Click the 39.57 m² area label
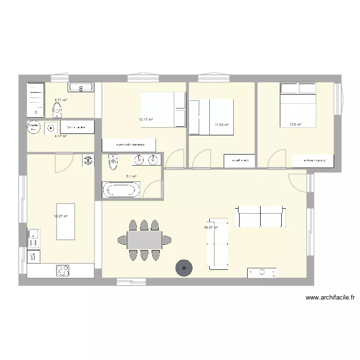click(x=211, y=228)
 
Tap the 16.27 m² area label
click(x=60, y=216)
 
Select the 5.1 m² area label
click(x=132, y=177)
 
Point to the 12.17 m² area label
click(x=146, y=120)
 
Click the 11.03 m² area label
click(x=221, y=125)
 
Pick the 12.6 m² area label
click(x=295, y=125)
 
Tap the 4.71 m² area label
click(x=60, y=100)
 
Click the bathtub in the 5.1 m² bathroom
click(x=121, y=190)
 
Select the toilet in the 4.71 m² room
click(x=58, y=109)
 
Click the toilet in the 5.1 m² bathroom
click(x=113, y=162)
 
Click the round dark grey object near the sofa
click(x=183, y=268)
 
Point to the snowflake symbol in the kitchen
click(x=88, y=160)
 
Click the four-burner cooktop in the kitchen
click(x=63, y=271)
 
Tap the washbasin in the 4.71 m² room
click(x=81, y=87)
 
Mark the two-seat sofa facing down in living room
click(x=260, y=216)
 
